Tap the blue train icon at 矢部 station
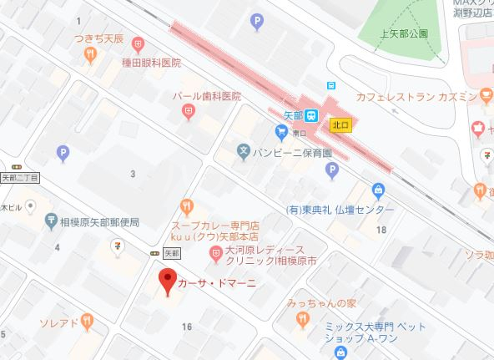coord(311,115)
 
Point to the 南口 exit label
coord(300,133)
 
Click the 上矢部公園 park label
coord(403,34)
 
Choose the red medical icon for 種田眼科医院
coord(139,42)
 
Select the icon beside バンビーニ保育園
coord(243,153)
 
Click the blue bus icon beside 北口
coord(331,85)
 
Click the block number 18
coord(381,229)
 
